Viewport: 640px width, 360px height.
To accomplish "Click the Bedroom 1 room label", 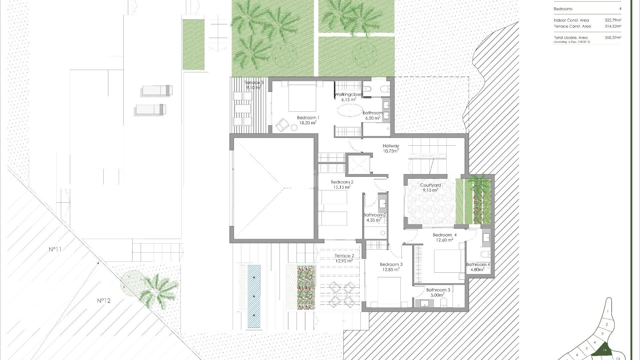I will (308, 118).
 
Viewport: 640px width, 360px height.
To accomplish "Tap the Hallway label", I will (391, 146).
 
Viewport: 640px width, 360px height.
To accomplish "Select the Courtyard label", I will (430, 185).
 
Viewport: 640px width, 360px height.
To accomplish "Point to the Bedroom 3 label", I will (391, 265).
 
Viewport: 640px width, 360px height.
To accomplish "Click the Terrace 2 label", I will (344, 256).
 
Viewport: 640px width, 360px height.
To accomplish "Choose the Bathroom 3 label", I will (438, 290).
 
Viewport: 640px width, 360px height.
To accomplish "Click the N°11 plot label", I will (55, 249).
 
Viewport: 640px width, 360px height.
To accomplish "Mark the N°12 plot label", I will (104, 301).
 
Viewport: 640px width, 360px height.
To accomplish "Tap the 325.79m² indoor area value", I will (613, 20).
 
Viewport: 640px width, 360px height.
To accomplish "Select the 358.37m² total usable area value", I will (613, 38).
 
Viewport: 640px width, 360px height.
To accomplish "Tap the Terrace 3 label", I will (254, 83).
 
